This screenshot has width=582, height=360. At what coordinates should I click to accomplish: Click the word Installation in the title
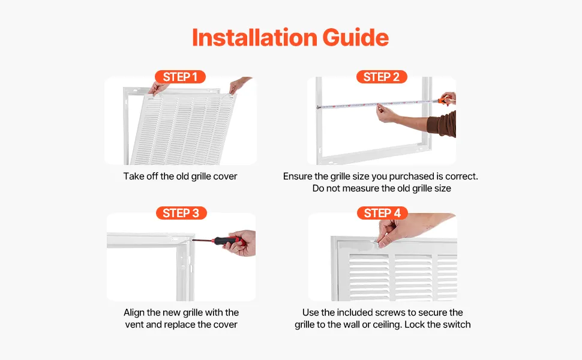coord(254,37)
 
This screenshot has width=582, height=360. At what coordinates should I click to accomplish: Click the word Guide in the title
coord(356,37)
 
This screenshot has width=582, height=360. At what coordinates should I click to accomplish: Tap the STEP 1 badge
coord(180,77)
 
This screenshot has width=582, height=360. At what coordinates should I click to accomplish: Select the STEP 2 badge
coord(382,77)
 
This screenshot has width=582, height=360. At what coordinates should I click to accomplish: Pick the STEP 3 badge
coord(181,213)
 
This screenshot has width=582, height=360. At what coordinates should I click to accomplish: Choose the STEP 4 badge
coord(382,213)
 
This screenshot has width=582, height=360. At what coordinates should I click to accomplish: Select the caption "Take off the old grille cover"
coord(180,176)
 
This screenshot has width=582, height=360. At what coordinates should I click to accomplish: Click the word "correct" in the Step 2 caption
coord(461,176)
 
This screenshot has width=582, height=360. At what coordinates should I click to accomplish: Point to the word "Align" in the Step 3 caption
coord(134,313)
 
